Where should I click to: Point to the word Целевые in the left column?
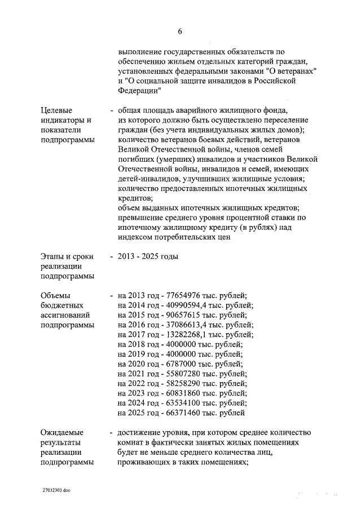tap(57, 110)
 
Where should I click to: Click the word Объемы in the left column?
tap(56, 295)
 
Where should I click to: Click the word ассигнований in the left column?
tap(65, 314)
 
